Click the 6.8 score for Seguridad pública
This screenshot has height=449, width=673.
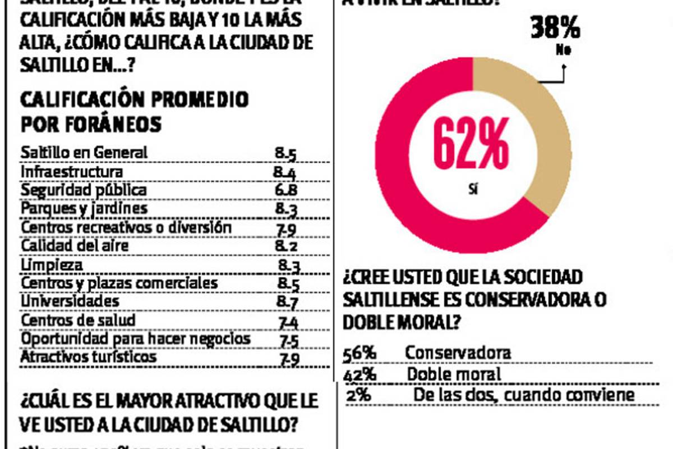tap(286, 190)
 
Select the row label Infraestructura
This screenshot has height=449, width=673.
tap(71, 171)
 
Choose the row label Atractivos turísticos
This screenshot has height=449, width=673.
tap(89, 357)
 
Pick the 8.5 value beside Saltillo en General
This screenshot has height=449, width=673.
tap(286, 153)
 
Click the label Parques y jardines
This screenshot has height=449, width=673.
tap(84, 208)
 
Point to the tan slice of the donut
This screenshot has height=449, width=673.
tap(536, 140)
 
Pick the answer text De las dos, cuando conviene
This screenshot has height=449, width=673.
tap(524, 395)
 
